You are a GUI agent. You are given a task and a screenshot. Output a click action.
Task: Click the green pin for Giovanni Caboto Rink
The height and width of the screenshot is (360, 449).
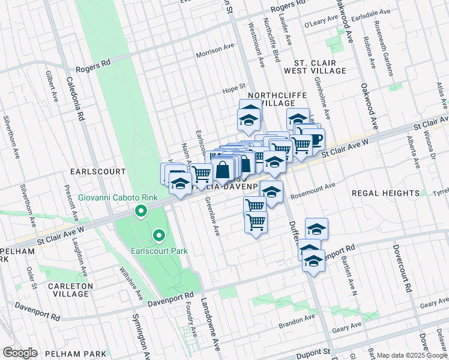pos(141,211)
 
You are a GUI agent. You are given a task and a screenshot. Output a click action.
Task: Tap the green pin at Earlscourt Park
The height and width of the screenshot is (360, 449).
pos(158,236)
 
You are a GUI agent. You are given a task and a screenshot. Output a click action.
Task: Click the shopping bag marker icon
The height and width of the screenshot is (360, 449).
pos(223,169)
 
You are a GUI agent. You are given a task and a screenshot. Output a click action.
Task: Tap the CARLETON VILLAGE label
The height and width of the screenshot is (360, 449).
pos(63,290)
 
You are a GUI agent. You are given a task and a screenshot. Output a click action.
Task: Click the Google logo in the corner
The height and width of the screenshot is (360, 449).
pos(20,353)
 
